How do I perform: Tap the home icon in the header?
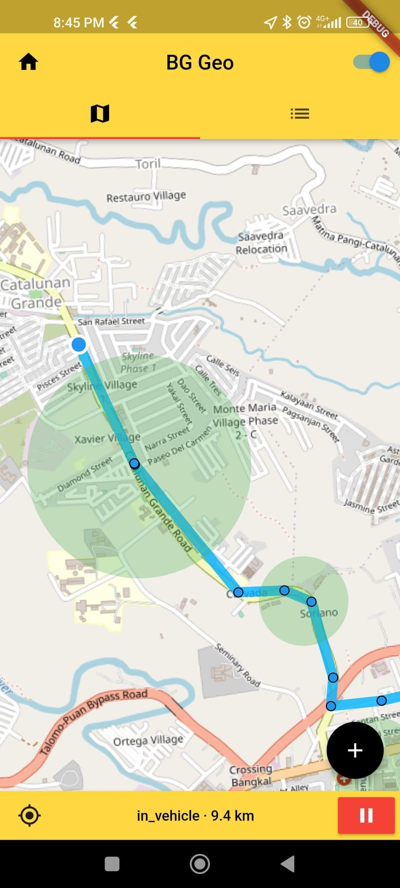coord(29,62)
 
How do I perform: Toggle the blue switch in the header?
coord(372,62)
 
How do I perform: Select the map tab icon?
coord(100,114)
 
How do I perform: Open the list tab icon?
coord(300,114)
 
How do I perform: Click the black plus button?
coord(355,750)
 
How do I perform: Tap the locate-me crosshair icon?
coord(29,815)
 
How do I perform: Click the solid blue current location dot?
coord(79,344)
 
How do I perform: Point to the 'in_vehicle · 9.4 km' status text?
coord(196,815)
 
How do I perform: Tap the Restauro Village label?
coord(146,196)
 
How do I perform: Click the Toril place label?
coord(148,164)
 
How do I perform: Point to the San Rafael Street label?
coord(111,321)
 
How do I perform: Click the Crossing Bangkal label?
coord(251,775)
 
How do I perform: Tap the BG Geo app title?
coord(200,63)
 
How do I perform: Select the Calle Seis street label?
coord(223,366)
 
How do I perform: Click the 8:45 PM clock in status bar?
coord(79,23)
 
